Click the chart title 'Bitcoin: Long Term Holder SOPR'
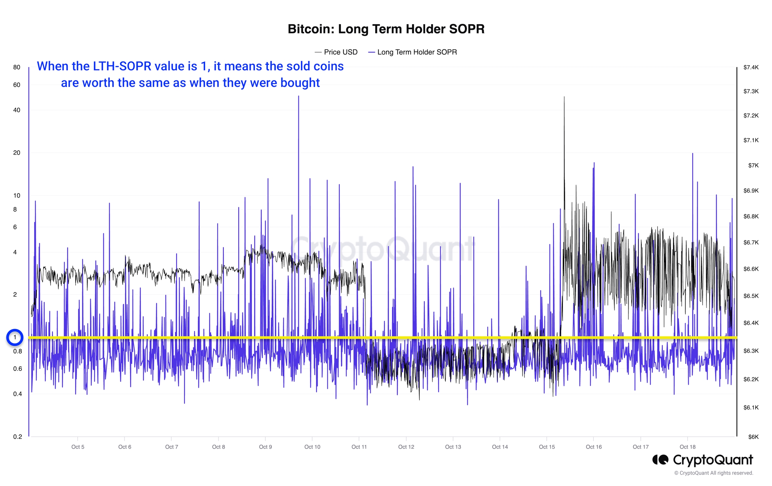click(x=386, y=29)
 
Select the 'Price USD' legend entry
click(x=340, y=52)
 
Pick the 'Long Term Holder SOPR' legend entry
click(x=416, y=52)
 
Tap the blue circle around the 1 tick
click(x=15, y=338)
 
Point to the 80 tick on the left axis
click(x=17, y=67)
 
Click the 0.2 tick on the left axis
click(x=17, y=437)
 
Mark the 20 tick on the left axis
click(x=17, y=153)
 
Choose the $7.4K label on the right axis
click(x=751, y=67)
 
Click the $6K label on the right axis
click(x=753, y=437)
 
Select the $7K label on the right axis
click(x=753, y=166)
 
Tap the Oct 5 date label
click(x=78, y=447)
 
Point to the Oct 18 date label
click(x=687, y=447)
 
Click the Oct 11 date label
click(x=359, y=447)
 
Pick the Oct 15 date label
click(x=546, y=447)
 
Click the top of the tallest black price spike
click(x=564, y=97)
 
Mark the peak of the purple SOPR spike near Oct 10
click(x=299, y=97)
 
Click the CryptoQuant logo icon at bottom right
click(x=660, y=460)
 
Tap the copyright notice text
click(x=714, y=473)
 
